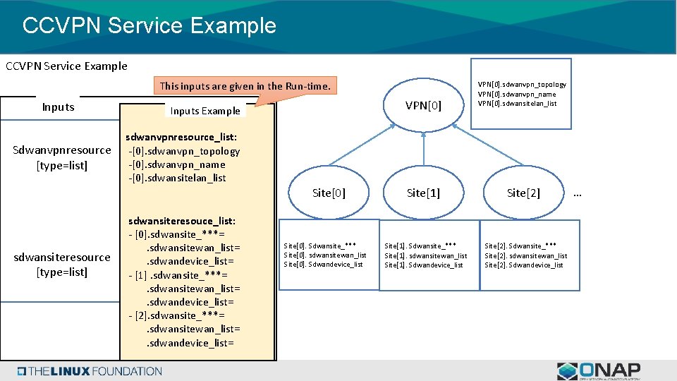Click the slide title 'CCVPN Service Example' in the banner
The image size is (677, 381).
point(149,25)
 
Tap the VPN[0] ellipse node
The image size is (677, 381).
point(423,106)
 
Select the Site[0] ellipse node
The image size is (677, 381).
point(329,193)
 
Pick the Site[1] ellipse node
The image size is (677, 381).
point(423,193)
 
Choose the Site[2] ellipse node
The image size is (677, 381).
point(523,193)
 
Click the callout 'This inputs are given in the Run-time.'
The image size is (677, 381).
point(245,86)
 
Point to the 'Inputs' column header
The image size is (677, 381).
point(58,107)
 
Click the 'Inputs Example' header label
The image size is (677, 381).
point(205,111)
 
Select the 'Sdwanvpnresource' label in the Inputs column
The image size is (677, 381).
point(62,150)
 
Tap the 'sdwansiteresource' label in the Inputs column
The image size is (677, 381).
point(62,257)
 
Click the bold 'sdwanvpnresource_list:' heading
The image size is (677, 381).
point(181,138)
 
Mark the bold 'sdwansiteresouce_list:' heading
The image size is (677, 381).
point(182,221)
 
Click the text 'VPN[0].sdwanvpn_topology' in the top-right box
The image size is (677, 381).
point(522,85)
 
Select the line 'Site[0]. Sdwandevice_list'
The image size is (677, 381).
point(323,265)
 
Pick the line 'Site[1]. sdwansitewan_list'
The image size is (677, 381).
point(425,255)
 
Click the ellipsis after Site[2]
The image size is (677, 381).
point(578,193)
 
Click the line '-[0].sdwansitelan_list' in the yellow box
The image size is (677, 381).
point(177,178)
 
